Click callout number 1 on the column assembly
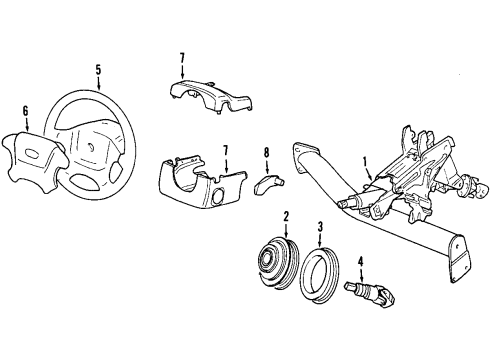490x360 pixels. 366,161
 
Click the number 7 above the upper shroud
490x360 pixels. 180,59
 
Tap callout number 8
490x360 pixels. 266,155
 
